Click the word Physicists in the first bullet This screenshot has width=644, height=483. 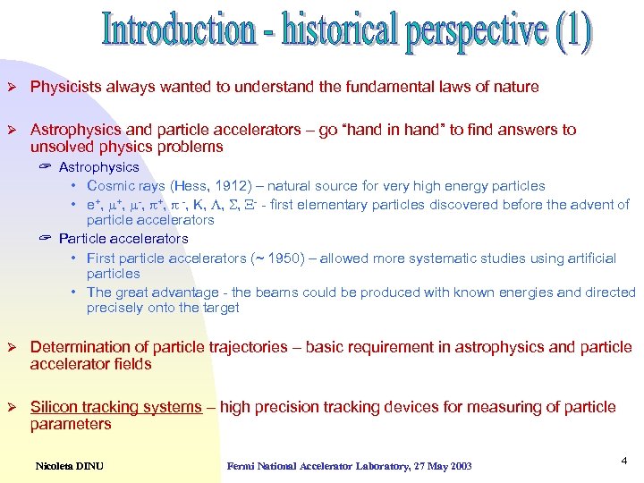64,87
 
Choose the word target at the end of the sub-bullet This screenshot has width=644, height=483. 220,308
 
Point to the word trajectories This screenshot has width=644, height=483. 249,347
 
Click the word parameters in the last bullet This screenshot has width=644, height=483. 71,424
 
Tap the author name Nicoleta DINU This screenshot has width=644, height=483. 71,465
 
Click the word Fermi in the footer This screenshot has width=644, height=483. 242,465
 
